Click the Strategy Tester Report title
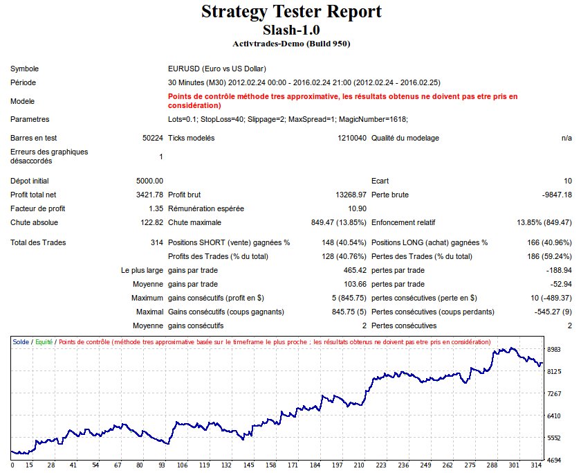[x=290, y=12]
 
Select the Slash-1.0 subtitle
[x=290, y=30]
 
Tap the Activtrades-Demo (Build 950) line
[x=291, y=44]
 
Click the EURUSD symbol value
[x=217, y=69]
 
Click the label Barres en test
[x=33, y=138]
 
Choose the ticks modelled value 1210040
[x=350, y=138]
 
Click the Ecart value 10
[x=567, y=181]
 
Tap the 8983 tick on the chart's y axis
[x=555, y=350]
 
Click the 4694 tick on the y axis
[x=555, y=460]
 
